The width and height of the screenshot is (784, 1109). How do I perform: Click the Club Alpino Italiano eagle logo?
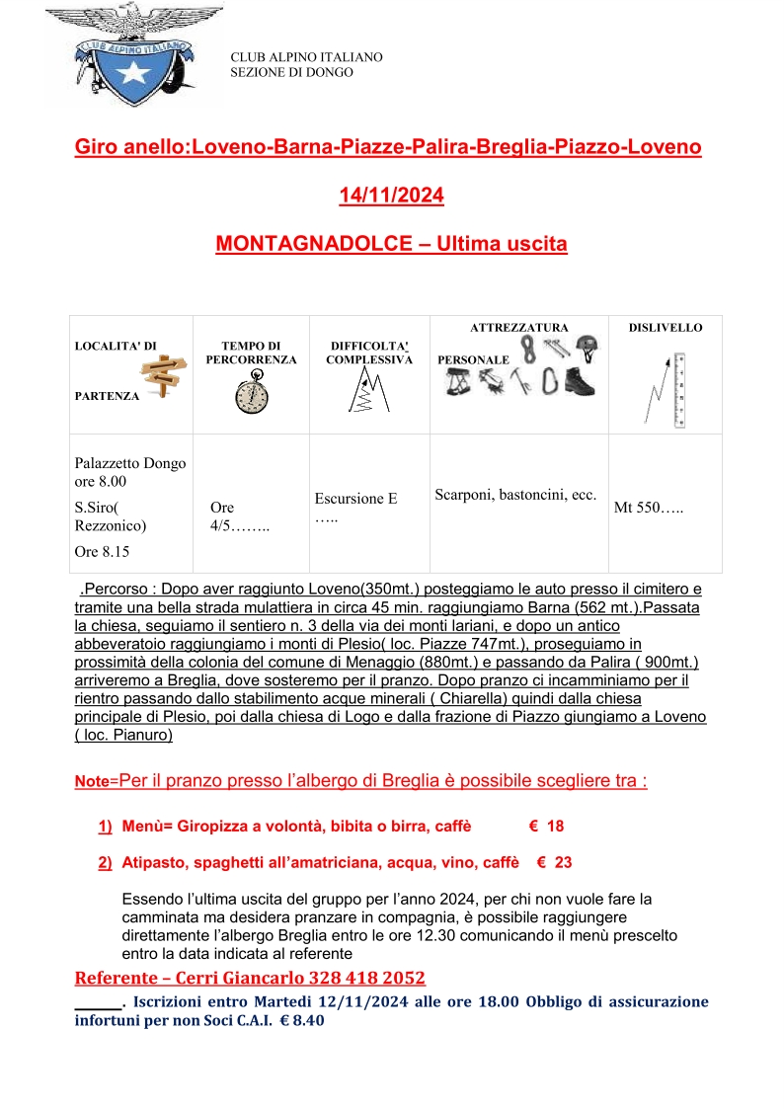pos(134,55)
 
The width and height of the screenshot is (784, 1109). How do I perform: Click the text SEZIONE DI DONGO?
pos(291,72)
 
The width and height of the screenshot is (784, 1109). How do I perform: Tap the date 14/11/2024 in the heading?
pos(391,196)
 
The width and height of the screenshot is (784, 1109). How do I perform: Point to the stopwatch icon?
pos(251,395)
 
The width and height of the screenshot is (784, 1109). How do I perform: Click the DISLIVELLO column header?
pos(666,327)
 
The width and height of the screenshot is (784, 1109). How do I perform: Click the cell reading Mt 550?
pos(649,509)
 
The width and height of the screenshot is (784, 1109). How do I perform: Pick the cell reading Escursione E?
pos(355,499)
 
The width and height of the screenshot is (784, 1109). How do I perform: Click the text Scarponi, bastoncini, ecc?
pos(515,494)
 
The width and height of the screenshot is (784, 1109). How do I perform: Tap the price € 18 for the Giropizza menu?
pos(546,826)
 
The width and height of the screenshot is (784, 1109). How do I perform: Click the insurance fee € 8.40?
pos(302,1021)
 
